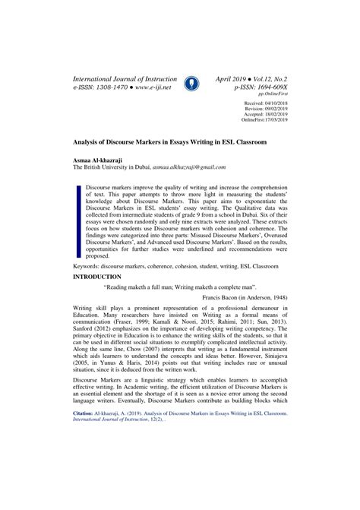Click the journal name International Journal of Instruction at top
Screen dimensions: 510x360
(125, 78)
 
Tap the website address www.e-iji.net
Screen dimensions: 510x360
(151, 88)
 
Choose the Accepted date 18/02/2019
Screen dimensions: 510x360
(274, 114)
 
